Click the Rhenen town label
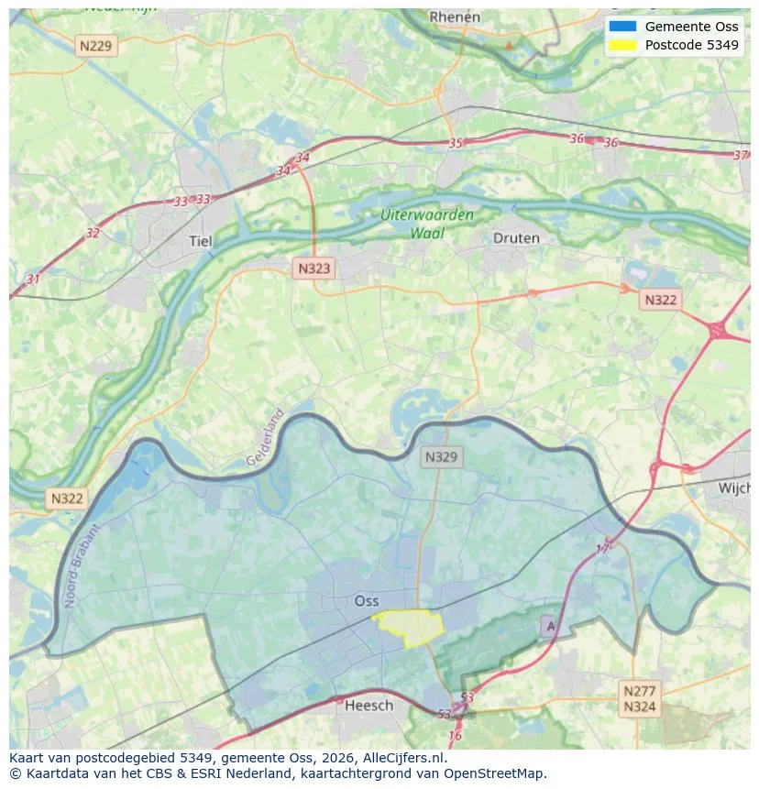click(x=455, y=16)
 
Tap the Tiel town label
click(x=200, y=241)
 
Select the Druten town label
click(x=516, y=237)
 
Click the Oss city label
click(x=366, y=601)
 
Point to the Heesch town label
click(x=368, y=705)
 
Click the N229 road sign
click(x=97, y=45)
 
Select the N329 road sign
click(x=442, y=456)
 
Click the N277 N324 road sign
click(x=639, y=698)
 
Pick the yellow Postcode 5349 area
click(x=410, y=626)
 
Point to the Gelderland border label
click(x=266, y=437)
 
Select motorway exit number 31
click(x=34, y=279)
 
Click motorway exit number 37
click(x=741, y=155)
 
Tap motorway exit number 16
click(x=455, y=736)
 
